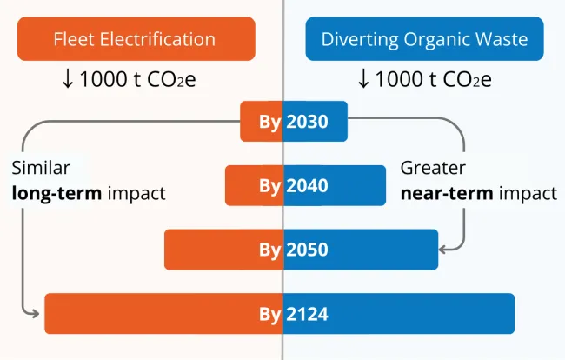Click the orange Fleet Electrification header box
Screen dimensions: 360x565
[136, 39]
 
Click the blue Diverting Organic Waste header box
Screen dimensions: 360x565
[424, 39]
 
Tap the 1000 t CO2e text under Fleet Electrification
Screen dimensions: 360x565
[145, 80]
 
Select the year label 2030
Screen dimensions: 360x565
[307, 122]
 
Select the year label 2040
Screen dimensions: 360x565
[307, 185]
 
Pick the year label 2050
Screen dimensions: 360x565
[307, 250]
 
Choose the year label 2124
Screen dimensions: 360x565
[307, 314]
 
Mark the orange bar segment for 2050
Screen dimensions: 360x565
[209, 250]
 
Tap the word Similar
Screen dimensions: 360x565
[41, 168]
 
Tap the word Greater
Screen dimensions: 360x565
[432, 168]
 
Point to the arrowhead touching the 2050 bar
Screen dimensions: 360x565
[445, 250]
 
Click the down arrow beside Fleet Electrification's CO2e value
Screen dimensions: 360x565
[68, 80]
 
